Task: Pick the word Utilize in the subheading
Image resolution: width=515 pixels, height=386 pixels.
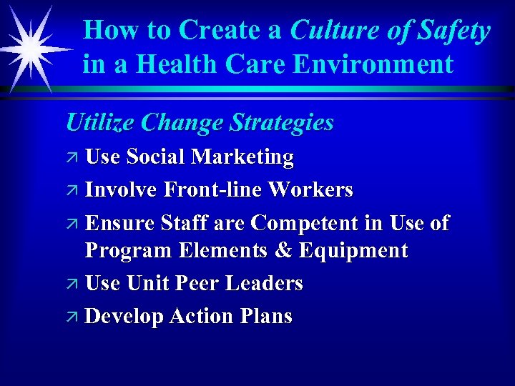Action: point(100,122)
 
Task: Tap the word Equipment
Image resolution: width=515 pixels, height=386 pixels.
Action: point(353,252)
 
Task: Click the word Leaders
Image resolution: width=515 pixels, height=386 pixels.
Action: point(264,283)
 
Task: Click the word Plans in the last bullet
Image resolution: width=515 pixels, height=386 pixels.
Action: point(266,316)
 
